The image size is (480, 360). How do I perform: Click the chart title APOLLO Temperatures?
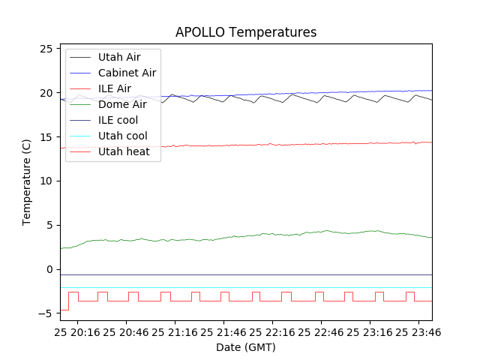tap(246, 32)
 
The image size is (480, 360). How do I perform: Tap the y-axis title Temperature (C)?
tap(27, 182)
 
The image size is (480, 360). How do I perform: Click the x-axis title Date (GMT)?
tap(246, 347)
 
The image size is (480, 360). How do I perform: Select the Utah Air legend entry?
tap(118, 57)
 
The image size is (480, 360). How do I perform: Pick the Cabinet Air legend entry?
tap(127, 73)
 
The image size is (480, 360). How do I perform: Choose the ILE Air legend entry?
tap(114, 88)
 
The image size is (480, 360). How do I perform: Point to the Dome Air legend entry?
tap(122, 104)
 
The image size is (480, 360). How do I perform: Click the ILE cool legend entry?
tap(118, 120)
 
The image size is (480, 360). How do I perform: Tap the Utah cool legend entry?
tap(122, 136)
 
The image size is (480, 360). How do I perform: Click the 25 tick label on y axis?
tap(47, 49)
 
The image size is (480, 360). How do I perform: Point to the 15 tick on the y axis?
tap(47, 137)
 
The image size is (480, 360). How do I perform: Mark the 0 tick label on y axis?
tap(50, 269)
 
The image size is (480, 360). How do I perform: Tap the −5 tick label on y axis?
tap(47, 313)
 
